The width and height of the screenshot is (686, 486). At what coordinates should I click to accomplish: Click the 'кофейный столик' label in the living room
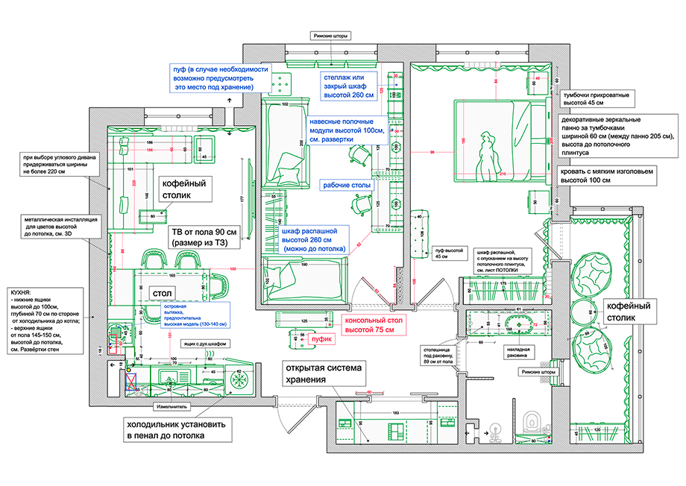[x=183, y=188]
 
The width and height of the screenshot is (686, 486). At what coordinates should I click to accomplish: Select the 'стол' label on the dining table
[x=163, y=294]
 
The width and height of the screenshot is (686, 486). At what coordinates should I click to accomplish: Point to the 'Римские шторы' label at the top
[x=330, y=35]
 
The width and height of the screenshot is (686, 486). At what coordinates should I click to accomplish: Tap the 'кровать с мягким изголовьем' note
[x=607, y=175]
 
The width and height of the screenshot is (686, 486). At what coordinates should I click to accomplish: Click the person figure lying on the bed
[x=488, y=155]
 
